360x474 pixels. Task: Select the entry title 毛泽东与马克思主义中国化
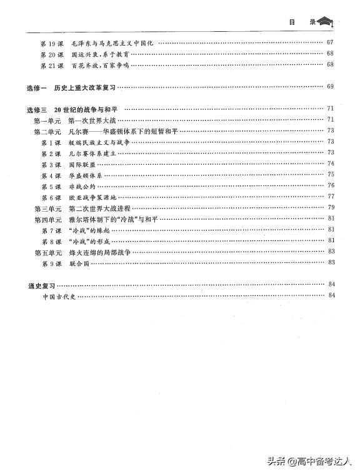[x=112, y=43]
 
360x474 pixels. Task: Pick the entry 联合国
[x=79, y=264]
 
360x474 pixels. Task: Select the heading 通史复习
[x=42, y=285]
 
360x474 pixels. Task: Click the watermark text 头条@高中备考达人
[x=310, y=462]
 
